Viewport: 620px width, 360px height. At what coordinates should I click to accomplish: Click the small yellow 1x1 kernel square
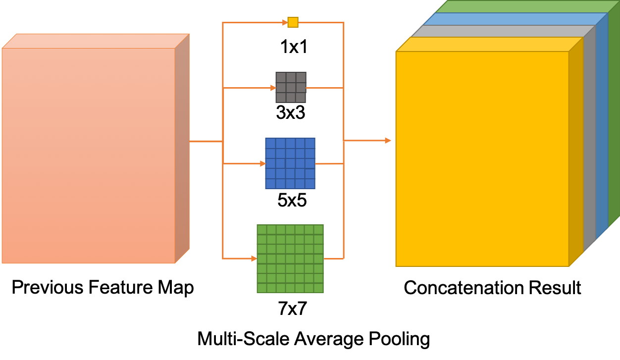click(293, 22)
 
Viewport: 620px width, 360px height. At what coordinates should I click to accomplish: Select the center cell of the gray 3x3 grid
click(291, 88)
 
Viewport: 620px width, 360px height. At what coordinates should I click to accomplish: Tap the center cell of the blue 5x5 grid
click(290, 163)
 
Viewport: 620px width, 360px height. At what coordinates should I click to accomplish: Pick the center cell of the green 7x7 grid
click(290, 258)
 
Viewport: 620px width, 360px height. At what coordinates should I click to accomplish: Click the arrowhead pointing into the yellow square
click(285, 22)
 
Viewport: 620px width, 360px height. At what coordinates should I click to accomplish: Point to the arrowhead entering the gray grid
click(273, 88)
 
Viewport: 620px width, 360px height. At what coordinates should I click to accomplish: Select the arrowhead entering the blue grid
click(262, 163)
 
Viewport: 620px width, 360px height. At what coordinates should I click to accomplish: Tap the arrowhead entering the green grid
click(254, 258)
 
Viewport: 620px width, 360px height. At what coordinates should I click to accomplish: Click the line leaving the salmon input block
click(206, 141)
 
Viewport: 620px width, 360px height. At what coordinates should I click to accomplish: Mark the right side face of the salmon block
click(182, 149)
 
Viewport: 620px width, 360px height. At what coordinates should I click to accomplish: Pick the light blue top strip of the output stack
click(515, 19)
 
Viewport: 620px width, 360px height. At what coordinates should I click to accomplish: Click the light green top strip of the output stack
click(527, 6)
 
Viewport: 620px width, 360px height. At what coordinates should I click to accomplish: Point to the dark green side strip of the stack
click(614, 114)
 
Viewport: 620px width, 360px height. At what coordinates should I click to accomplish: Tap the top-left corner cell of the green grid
click(261, 229)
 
